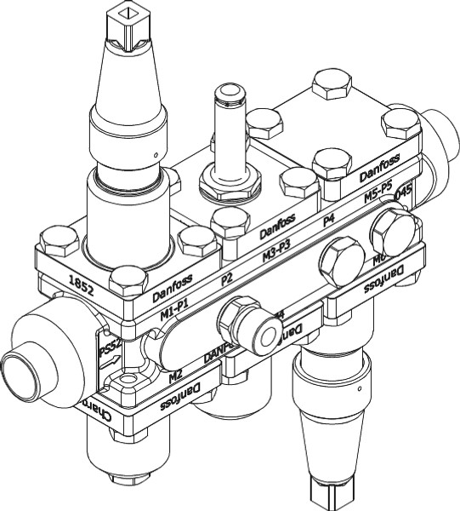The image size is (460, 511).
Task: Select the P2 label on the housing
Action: (227, 278)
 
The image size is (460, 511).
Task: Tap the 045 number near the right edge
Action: (403, 195)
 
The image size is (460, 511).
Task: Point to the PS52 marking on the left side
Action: (106, 349)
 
